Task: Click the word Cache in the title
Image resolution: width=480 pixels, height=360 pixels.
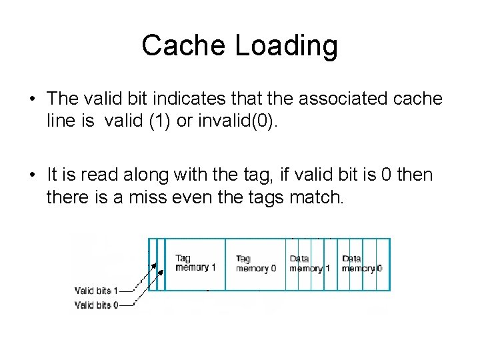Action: tap(175, 46)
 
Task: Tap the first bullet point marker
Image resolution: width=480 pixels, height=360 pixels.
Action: tap(31, 99)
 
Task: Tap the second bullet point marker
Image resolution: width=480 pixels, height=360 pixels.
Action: tap(31, 176)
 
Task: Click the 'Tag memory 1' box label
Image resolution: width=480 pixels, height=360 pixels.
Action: tap(195, 263)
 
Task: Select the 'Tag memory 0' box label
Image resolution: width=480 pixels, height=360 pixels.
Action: tap(255, 263)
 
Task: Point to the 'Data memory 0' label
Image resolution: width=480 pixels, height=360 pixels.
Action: tap(361, 263)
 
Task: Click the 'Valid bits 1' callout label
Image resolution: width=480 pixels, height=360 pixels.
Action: tap(96, 291)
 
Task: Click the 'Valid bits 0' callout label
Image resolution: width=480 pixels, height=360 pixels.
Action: tap(96, 305)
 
